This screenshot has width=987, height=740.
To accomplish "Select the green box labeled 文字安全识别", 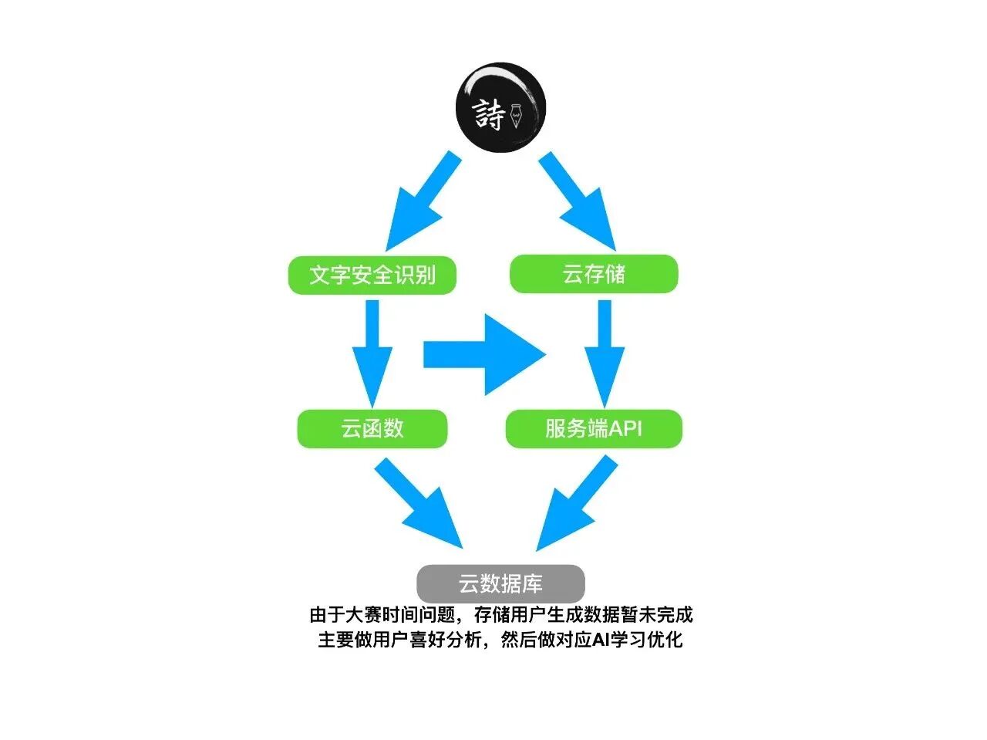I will [x=372, y=275].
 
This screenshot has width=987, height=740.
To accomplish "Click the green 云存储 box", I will [x=594, y=274].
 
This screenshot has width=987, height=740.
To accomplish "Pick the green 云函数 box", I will [x=372, y=428].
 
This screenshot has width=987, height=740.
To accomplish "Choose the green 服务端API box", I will [x=594, y=428].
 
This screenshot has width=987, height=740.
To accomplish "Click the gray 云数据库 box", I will [x=500, y=583].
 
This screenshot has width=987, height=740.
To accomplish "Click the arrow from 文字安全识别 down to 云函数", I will [x=372, y=351].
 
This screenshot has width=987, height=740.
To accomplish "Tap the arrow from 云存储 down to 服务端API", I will [x=604, y=351].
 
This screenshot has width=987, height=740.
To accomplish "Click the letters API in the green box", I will [x=625, y=428].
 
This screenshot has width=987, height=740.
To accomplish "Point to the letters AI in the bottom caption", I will [x=601, y=640].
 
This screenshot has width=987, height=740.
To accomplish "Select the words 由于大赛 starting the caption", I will [x=336, y=615].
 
